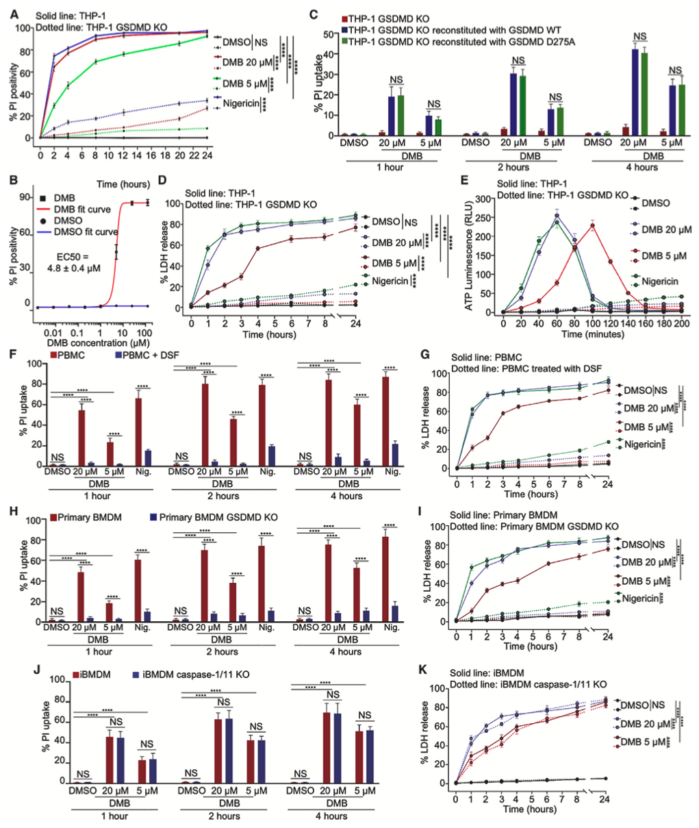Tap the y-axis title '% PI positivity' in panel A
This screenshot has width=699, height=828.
(14, 83)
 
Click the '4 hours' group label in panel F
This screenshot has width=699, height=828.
(346, 496)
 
